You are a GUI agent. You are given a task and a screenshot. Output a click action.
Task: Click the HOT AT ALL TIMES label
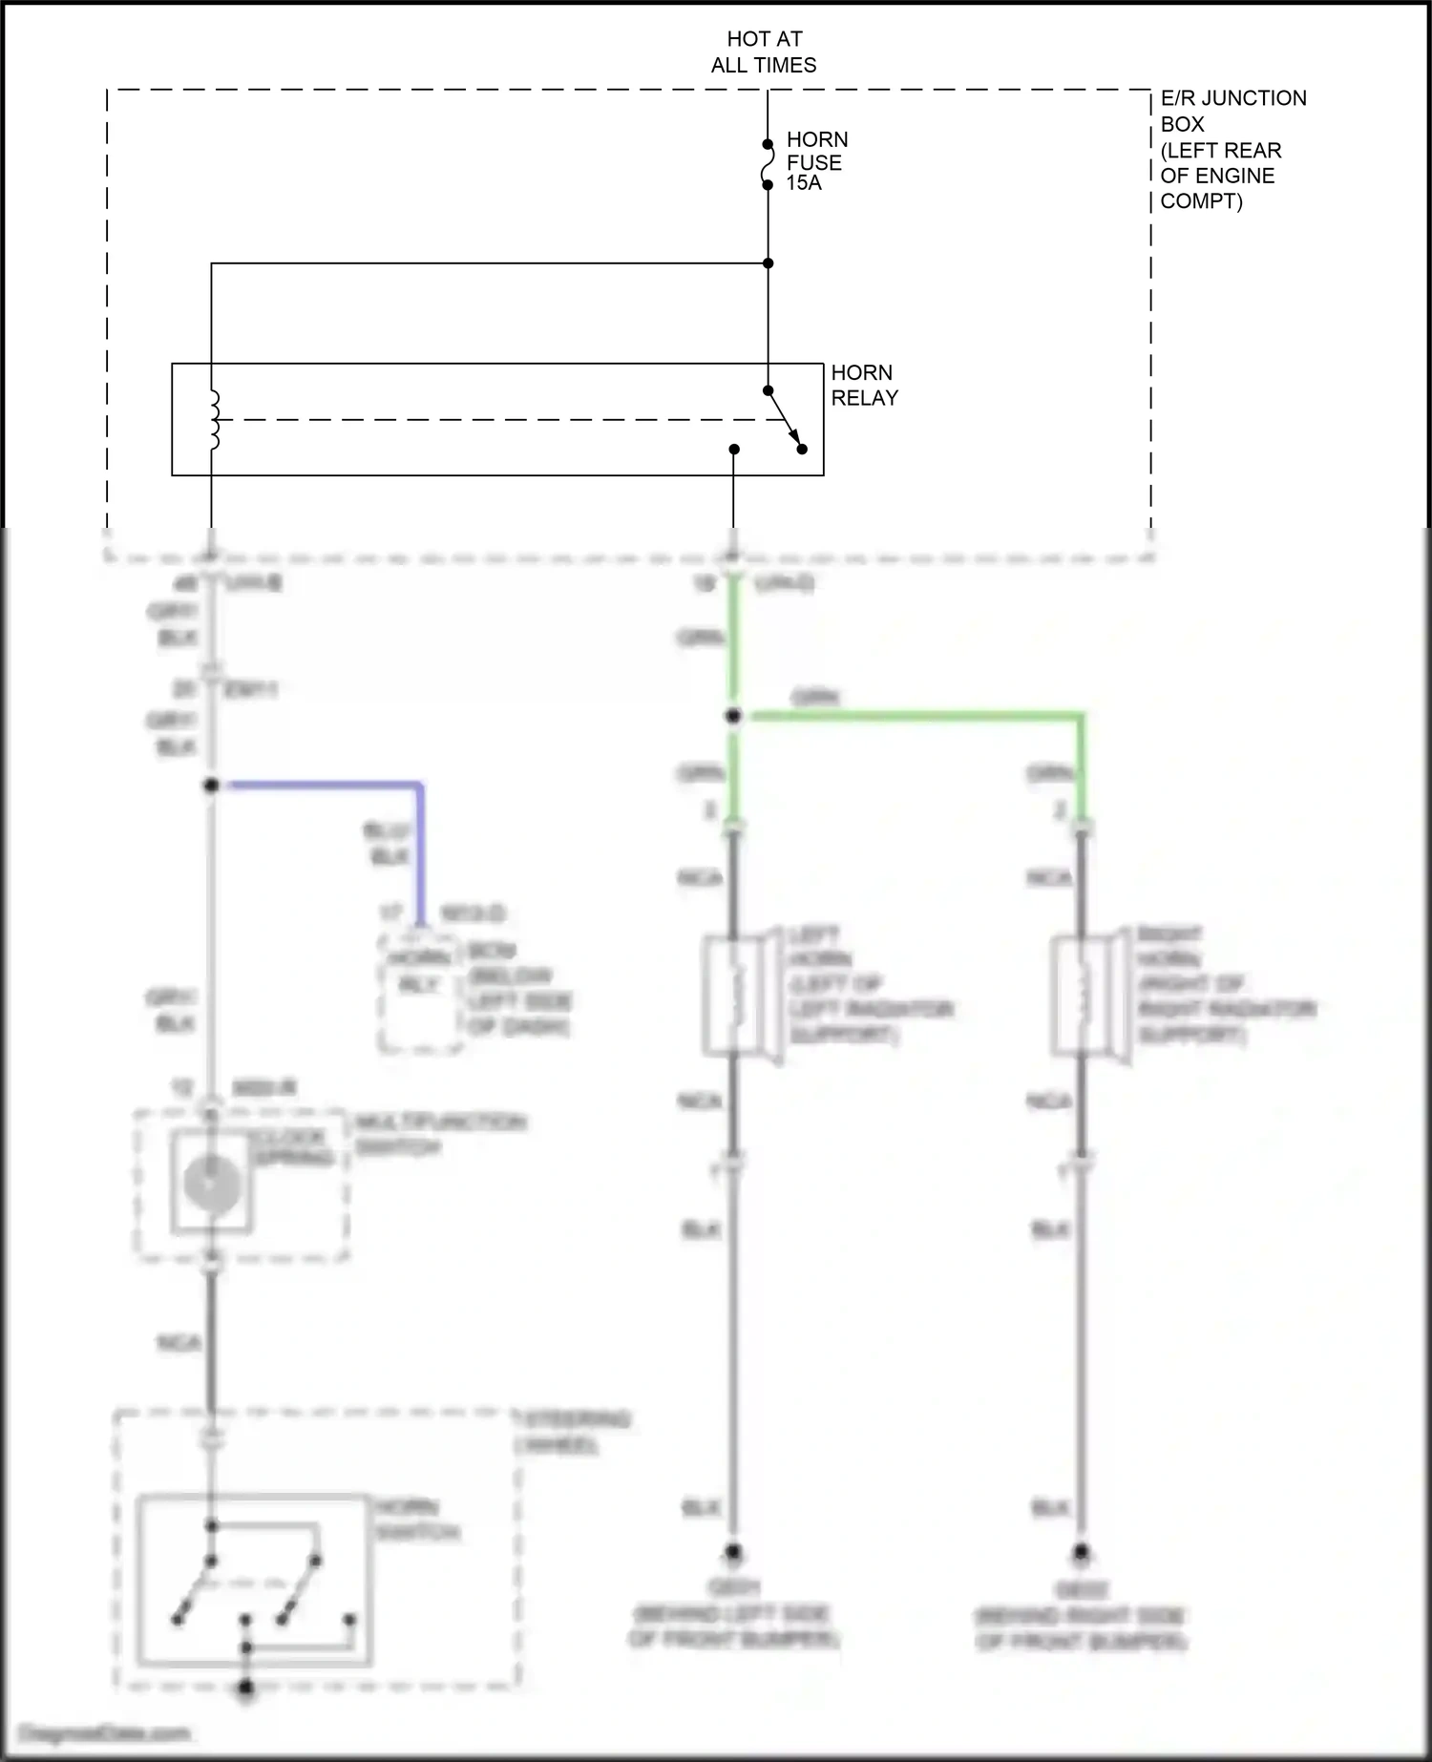point(764,52)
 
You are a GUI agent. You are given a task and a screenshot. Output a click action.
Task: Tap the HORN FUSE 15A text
point(816,160)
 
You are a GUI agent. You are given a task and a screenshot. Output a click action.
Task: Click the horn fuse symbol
point(767,164)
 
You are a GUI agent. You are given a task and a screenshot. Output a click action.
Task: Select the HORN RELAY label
point(864,385)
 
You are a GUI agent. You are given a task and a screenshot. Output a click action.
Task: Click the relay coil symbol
point(213,419)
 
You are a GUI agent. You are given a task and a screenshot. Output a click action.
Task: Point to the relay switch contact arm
point(785,419)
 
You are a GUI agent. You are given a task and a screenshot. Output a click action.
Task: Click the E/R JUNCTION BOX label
point(1232,149)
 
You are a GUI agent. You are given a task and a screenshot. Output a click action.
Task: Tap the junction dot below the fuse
point(768,262)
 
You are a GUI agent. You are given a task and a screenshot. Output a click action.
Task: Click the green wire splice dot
point(733,716)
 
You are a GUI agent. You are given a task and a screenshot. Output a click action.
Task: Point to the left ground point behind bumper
point(733,1552)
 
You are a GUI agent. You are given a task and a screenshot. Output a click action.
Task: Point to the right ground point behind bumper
point(1081,1552)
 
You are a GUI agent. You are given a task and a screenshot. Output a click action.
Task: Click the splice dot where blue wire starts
point(211,786)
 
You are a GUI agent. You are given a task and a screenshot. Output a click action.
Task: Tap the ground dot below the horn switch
point(245,1689)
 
